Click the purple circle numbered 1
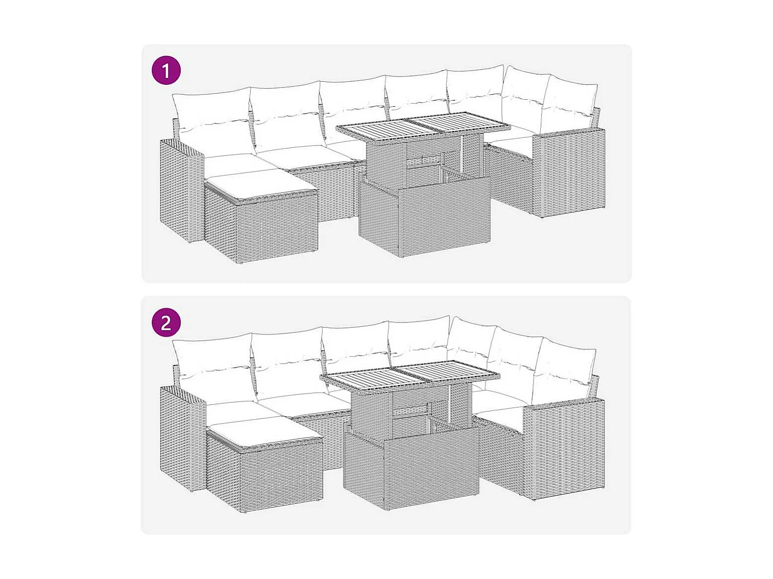coord(166,70)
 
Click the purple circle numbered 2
coord(166,322)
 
